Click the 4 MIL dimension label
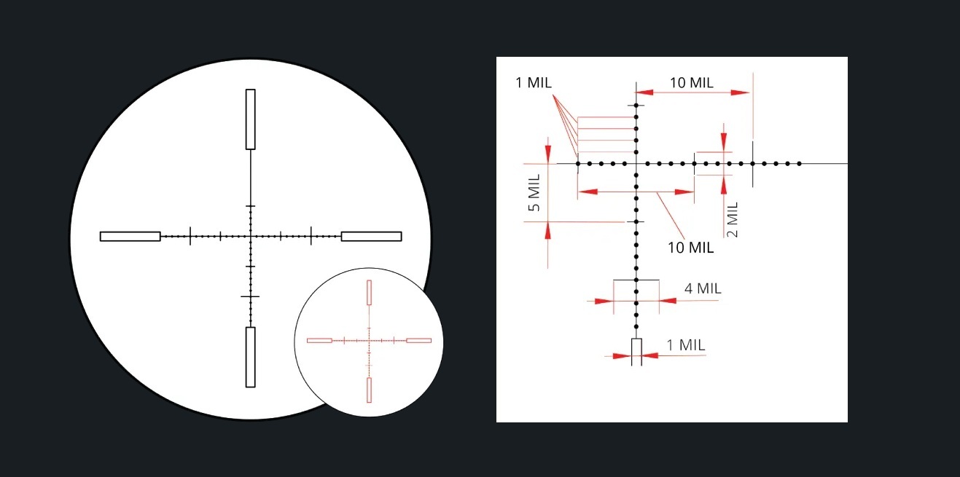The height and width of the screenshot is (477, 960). [x=703, y=288]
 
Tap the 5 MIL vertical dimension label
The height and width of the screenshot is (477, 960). [x=534, y=193]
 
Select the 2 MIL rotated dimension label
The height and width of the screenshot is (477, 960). [x=733, y=220]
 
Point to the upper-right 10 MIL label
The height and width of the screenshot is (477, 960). [x=691, y=82]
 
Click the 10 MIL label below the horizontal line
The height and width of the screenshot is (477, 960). [x=690, y=248]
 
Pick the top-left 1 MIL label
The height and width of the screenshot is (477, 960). [x=534, y=82]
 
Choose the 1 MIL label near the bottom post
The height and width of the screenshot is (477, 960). [x=686, y=345]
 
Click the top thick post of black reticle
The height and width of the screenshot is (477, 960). [x=250, y=119]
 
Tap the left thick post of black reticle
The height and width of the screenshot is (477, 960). [x=130, y=237]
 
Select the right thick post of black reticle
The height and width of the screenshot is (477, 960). [x=372, y=237]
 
